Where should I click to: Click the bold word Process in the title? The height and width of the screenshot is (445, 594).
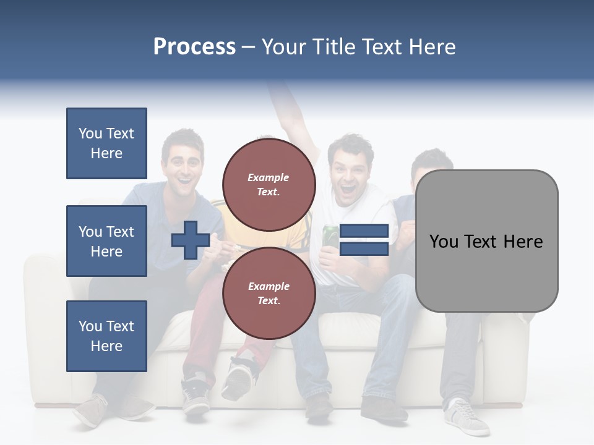(194, 47)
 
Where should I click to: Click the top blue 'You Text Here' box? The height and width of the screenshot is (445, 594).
(106, 143)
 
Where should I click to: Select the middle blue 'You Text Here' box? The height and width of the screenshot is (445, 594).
(106, 241)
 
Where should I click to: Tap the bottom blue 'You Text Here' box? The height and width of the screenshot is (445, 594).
(106, 336)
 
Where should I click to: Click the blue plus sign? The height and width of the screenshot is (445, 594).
(190, 240)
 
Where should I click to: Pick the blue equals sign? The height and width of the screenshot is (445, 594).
(364, 240)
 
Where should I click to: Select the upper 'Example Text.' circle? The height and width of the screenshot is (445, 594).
(269, 185)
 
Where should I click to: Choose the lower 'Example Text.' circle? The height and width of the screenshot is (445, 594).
(269, 294)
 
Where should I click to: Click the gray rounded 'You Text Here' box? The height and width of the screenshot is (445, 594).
(486, 241)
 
